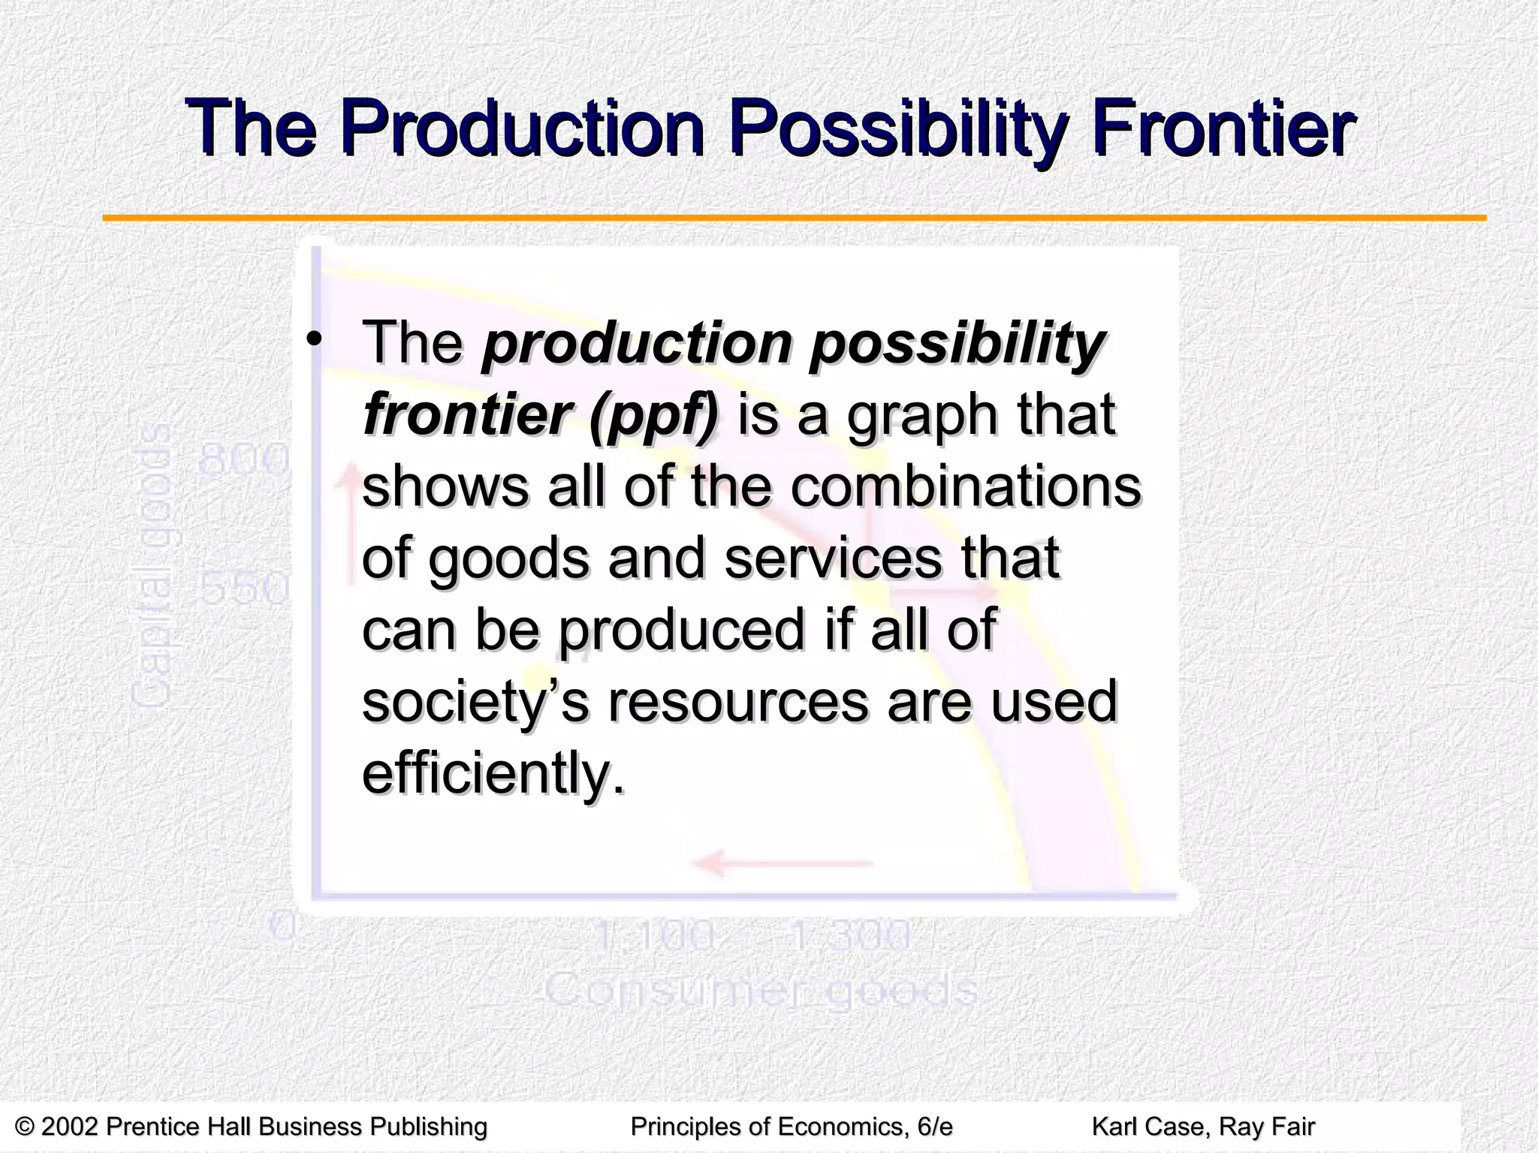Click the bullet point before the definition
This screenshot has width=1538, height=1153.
pyautogui.click(x=314, y=339)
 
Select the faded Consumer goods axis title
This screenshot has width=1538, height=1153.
pyautogui.click(x=760, y=989)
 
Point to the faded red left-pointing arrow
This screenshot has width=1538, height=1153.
pyautogui.click(x=781, y=863)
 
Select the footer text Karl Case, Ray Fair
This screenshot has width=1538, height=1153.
pyautogui.click(x=1202, y=1126)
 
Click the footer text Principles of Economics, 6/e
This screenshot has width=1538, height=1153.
pyautogui.click(x=791, y=1126)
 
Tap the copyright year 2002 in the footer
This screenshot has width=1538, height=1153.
pyautogui.click(x=71, y=1126)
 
